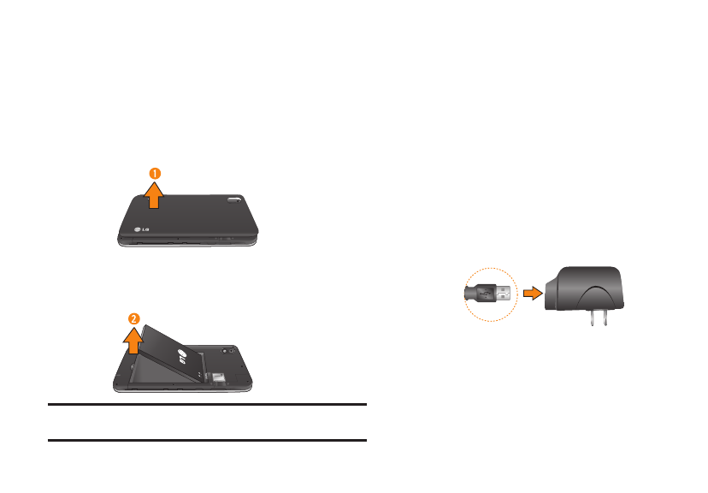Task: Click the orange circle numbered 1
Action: [155, 174]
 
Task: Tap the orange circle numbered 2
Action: [134, 319]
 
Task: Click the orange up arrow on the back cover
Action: [154, 195]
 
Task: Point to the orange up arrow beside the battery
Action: [133, 341]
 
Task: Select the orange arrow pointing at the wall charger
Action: [533, 294]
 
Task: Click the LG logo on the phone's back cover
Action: [141, 229]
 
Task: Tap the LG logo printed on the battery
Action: [183, 357]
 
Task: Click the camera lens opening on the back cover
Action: [234, 199]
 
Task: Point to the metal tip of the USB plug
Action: [504, 294]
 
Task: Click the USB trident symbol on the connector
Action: [486, 294]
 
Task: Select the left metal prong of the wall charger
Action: [593, 318]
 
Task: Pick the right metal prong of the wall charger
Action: [605, 318]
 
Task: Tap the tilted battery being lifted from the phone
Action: [174, 353]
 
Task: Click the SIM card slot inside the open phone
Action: [219, 377]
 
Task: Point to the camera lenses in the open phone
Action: [227, 351]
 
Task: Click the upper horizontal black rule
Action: [207, 405]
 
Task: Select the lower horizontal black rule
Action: [207, 440]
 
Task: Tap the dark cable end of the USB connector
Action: [471, 294]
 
